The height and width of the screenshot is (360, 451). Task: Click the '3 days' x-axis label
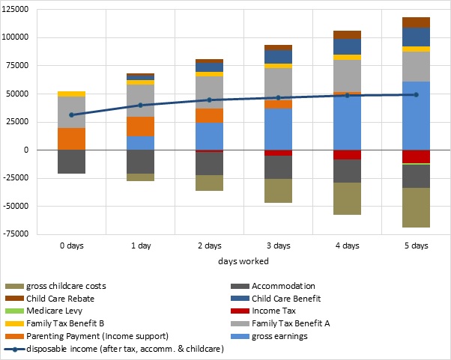pos(278,245)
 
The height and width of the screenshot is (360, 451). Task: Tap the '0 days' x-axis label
pos(72,245)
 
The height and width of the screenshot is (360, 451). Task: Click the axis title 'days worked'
pos(243,261)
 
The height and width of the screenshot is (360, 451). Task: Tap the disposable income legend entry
pos(112,348)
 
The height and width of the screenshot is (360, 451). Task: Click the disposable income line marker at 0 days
pos(72,115)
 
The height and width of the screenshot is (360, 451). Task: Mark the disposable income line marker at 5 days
pos(416,94)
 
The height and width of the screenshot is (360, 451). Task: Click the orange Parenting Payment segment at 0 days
pos(72,138)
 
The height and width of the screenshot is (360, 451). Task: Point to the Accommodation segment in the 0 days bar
pos(72,162)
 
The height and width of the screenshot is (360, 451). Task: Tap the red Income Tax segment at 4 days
pos(347,154)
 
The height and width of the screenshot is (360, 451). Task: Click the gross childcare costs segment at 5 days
pos(416,207)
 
